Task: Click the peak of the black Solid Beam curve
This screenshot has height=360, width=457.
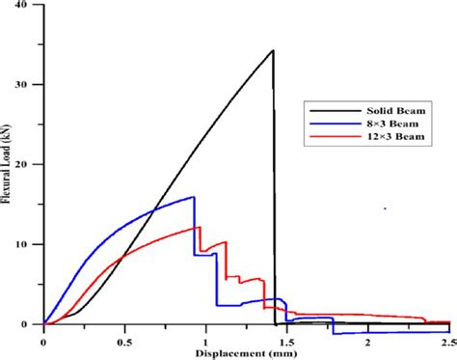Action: coord(273,50)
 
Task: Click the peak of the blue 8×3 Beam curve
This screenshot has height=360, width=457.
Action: coord(194,197)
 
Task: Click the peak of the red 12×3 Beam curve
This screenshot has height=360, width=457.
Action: coord(199,227)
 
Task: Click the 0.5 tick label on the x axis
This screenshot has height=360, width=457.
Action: coord(124,342)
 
